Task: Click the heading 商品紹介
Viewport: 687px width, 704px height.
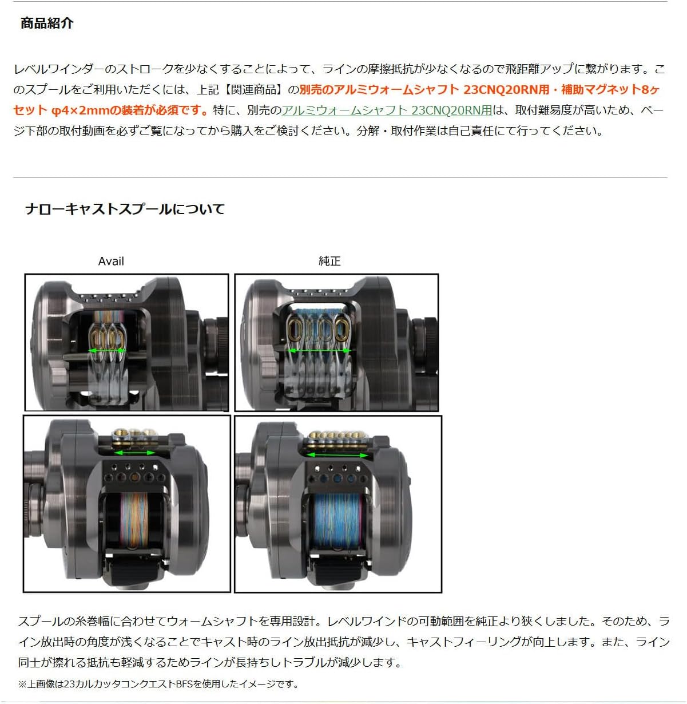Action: [x=47, y=23]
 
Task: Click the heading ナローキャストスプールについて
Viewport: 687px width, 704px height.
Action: [x=125, y=209]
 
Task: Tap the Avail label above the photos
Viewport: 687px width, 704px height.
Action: [x=111, y=261]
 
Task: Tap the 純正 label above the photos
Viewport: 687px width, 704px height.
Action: [x=329, y=261]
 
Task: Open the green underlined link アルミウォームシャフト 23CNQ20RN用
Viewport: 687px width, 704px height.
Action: [x=387, y=110]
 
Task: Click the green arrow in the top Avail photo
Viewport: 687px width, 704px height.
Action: [x=107, y=350]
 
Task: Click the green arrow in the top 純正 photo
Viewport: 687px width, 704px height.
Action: [x=319, y=350]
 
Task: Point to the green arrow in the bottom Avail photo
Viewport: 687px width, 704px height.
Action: [x=135, y=453]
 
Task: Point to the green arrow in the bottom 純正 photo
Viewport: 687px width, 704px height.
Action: [x=337, y=455]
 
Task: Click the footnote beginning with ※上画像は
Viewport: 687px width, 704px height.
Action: [x=158, y=684]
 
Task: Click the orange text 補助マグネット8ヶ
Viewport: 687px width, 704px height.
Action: [x=611, y=89]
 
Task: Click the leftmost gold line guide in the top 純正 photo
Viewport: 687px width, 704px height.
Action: [x=295, y=330]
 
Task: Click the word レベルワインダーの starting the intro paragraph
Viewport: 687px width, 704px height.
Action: [x=59, y=69]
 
